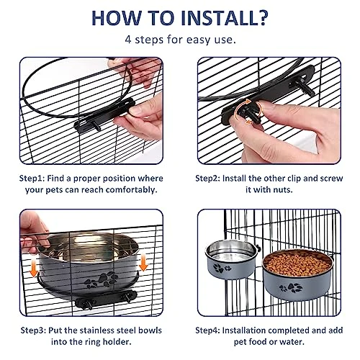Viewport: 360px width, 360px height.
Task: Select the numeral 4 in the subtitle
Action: pos(128,40)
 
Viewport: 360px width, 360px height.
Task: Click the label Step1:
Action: pos(32,179)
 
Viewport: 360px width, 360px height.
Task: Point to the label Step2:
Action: pos(207,179)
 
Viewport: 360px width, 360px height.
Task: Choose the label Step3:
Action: pos(33,330)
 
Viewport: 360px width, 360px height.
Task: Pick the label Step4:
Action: pos(207,330)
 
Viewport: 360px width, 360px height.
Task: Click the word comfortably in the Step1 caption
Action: pos(131,190)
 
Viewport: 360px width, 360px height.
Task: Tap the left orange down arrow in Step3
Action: pos(34,269)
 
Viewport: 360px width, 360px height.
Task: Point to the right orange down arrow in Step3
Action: pos(143,263)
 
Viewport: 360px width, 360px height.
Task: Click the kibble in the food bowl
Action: pos(297,264)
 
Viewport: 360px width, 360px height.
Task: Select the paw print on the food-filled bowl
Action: pos(291,288)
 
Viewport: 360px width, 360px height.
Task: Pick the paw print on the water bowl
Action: pos(222,269)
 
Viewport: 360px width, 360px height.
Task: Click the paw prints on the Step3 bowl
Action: pos(102,280)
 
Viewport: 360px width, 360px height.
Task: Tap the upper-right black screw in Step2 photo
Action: pos(302,86)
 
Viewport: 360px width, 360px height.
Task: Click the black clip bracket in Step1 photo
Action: pos(104,114)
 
